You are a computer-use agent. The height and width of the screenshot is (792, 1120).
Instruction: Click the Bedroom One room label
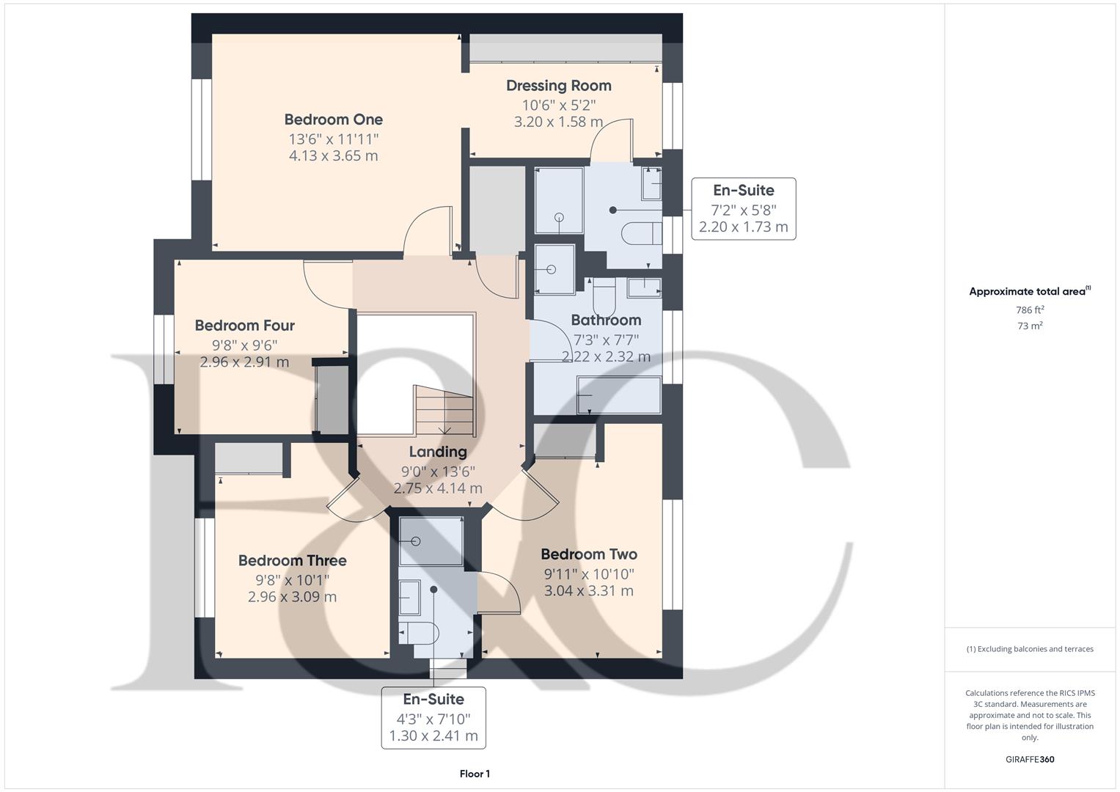tap(333, 120)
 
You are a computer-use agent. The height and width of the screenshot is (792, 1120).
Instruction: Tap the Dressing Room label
tap(558, 86)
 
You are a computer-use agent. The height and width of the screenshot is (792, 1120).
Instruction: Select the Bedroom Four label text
tap(244, 326)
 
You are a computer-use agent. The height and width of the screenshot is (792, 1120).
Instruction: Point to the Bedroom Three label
tap(292, 561)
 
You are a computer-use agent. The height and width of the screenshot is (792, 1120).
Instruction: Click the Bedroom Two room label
tap(588, 554)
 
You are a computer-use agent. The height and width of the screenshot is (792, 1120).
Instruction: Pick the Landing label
tap(438, 452)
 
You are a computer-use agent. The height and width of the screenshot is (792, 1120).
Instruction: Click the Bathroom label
tap(606, 320)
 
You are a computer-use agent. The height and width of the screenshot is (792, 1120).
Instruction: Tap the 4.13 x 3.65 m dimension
tap(333, 155)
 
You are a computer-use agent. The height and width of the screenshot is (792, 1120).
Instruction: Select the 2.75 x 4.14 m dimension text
tap(438, 488)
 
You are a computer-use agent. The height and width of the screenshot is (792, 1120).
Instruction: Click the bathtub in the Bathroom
tap(619, 395)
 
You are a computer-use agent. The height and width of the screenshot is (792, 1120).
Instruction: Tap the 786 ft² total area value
tap(1030, 310)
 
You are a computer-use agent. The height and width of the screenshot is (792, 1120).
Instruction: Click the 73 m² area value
tap(1030, 326)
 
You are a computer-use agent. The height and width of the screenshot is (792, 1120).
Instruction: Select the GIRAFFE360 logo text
tap(1030, 760)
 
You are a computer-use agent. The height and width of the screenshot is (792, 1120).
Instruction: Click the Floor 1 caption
tap(475, 774)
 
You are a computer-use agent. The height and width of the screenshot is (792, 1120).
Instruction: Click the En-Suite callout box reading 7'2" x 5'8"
tap(743, 208)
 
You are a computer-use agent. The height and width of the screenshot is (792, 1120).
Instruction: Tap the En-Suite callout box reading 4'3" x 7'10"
tap(433, 717)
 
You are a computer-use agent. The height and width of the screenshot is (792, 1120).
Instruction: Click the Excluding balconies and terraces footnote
tap(1030, 649)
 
